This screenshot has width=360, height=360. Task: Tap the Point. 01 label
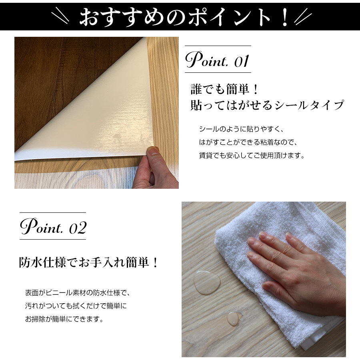pyautogui.click(x=218, y=60)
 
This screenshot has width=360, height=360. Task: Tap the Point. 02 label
pyautogui.click(x=53, y=227)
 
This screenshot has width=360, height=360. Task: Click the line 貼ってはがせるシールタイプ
pyautogui.click(x=267, y=105)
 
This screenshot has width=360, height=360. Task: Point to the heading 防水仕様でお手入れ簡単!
pyautogui.click(x=89, y=263)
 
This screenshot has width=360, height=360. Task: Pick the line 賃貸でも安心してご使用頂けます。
pyautogui.click(x=252, y=155)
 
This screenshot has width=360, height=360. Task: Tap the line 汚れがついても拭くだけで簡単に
pyautogui.click(x=76, y=306)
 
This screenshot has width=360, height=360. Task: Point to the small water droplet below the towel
pyautogui.click(x=233, y=318)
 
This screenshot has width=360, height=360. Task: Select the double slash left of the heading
pyautogui.click(x=64, y=17)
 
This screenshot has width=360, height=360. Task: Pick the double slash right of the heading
pyautogui.click(x=302, y=17)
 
